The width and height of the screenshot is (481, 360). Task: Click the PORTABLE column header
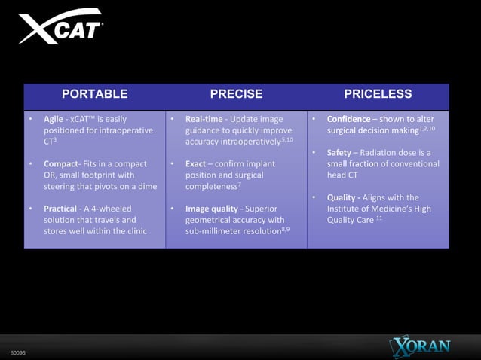pos(94,94)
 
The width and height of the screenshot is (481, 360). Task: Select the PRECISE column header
pos(236,94)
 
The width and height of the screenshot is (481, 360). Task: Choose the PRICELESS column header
pos(378,94)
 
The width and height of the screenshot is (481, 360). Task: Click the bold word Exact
pos(196,163)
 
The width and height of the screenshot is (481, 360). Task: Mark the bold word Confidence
pos(348,119)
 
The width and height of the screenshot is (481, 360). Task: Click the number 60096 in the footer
pos(16,352)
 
